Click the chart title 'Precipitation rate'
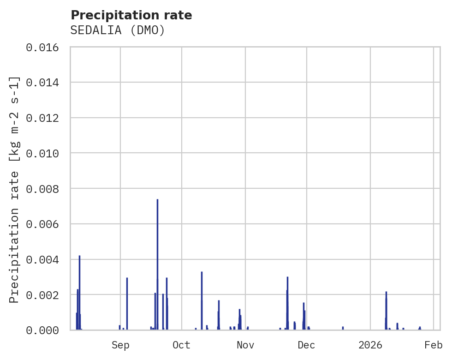pos(131,15)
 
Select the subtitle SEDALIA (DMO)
pos(118,30)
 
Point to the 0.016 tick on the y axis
pos(45,48)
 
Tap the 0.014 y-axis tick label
pos(45,83)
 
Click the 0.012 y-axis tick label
pos(45,118)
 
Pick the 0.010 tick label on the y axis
pos(45,153)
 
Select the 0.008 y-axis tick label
pos(45,189)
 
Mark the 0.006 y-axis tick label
pos(45,224)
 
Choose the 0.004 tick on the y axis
pos(45,259)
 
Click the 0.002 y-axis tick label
pos(45,294)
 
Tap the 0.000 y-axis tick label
pos(45,330)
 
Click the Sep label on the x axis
pos(120,345)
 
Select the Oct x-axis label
pos(182,345)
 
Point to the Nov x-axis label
pos(245,345)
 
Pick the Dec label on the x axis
pos(306,345)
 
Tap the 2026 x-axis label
pos(370,345)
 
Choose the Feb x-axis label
pos(434,345)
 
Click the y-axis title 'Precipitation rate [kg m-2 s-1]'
pos(14,189)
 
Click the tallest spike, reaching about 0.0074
pos(157,263)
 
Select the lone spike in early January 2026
pos(386,312)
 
